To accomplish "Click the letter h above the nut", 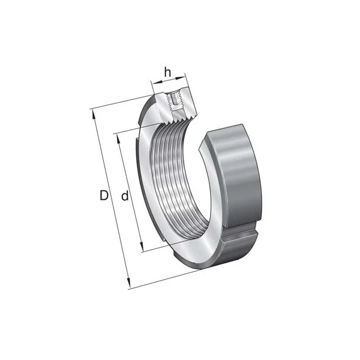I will click(x=167, y=73).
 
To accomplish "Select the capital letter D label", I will click(x=103, y=196).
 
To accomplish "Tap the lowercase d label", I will click(x=125, y=196).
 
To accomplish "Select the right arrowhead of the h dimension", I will click(x=184, y=77).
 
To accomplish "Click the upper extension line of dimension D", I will click(x=120, y=102).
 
